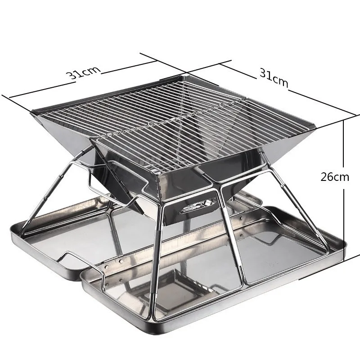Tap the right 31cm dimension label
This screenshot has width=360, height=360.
(274, 77)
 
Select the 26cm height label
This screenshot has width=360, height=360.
(335, 176)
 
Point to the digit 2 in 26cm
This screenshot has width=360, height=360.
(324, 176)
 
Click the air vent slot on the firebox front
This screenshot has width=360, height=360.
(194, 208)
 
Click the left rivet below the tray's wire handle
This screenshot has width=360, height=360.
(105, 266)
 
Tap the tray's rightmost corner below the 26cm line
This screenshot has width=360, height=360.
(346, 245)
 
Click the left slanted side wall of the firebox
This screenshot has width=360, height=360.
(67, 135)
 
